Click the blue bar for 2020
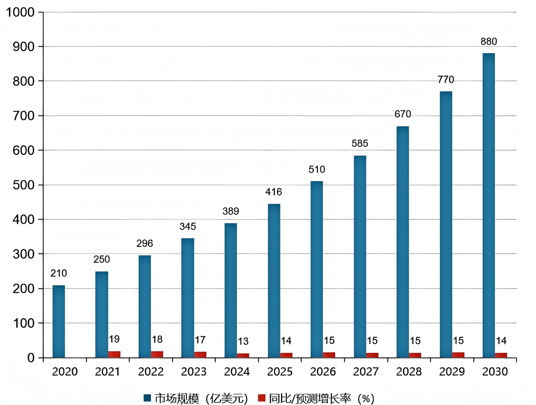(59, 321)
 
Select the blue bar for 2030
(489, 205)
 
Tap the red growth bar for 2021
(114, 354)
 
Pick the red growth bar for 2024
(243, 355)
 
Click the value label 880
(489, 42)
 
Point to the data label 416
(273, 192)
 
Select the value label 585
(360, 144)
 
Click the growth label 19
(114, 339)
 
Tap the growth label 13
(243, 341)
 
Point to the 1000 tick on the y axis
(20, 12)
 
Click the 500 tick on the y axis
(24, 185)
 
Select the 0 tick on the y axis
(31, 358)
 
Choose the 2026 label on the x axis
(323, 372)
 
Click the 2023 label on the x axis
(193, 372)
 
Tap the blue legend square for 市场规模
(147, 398)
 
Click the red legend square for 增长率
(261, 398)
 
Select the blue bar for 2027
(360, 257)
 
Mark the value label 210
(59, 273)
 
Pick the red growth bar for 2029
(458, 355)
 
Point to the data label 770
(445, 80)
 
